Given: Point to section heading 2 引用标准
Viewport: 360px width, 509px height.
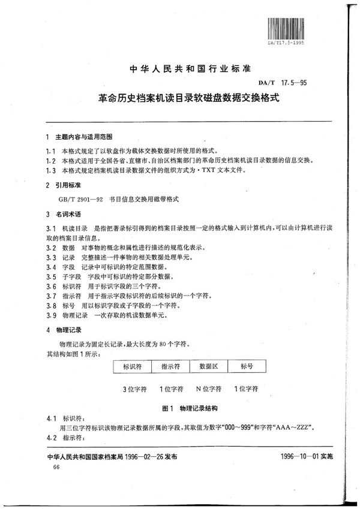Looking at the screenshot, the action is (x=67, y=186).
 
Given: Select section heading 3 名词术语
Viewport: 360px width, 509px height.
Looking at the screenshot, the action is (x=67, y=214).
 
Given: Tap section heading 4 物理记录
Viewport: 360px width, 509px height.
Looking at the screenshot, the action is (x=67, y=330).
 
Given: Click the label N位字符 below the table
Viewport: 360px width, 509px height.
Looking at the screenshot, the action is (x=209, y=389).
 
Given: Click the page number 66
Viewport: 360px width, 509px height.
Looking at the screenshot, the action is (x=57, y=466).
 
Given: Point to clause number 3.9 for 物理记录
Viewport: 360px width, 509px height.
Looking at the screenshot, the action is (x=52, y=315).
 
